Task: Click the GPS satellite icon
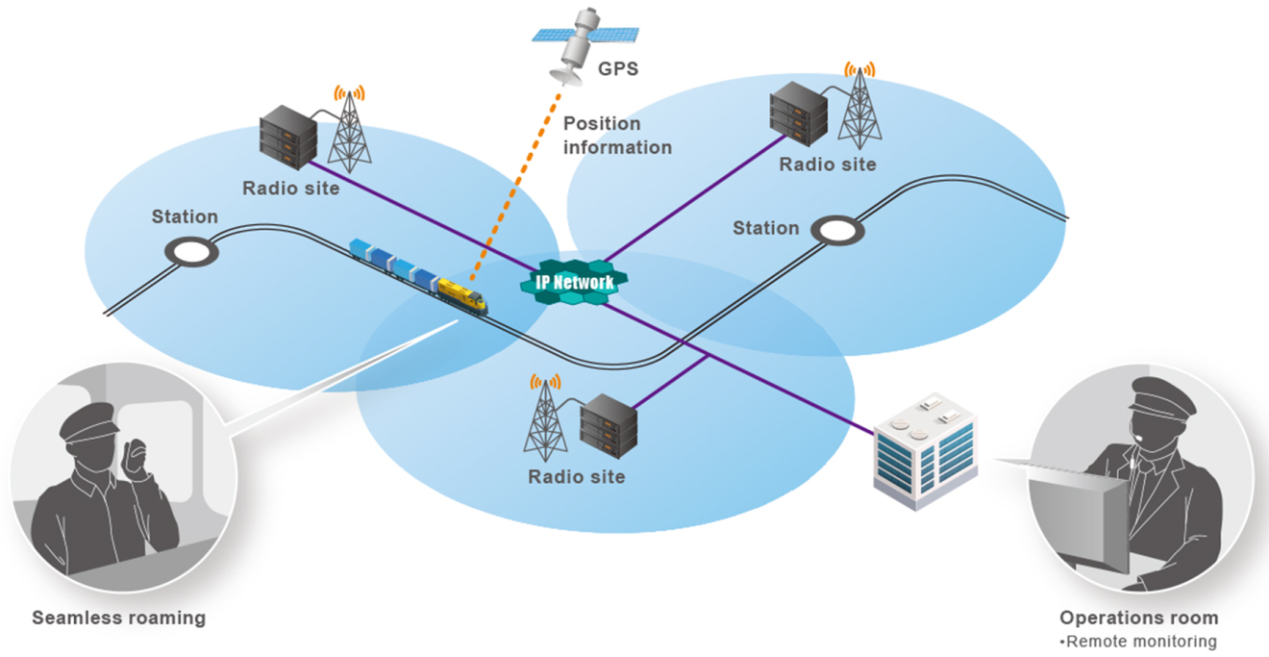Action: pos(577,42)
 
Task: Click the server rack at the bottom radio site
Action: pos(610,426)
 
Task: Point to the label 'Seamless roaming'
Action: pos(119,618)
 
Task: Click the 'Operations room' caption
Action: pos(1139,618)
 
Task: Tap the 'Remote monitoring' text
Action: pos(1141,641)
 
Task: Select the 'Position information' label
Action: pos(617,136)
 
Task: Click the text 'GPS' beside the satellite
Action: pos(618,69)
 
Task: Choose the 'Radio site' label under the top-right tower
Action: pos(828,164)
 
